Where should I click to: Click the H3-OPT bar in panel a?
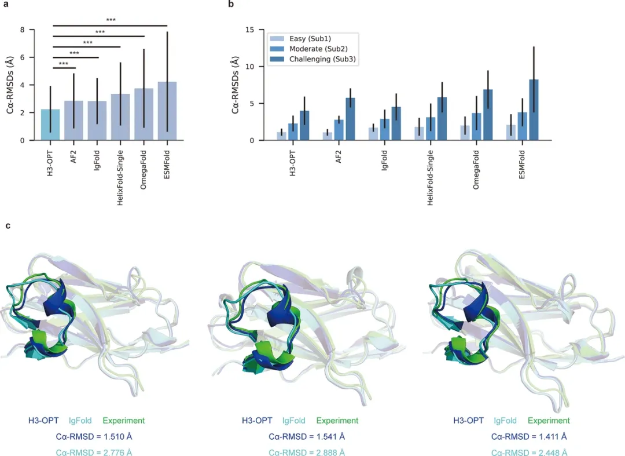[x=50, y=125]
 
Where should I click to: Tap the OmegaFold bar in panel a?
[x=144, y=114]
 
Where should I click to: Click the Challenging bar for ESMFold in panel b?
[x=533, y=110]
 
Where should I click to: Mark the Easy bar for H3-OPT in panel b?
[x=282, y=136]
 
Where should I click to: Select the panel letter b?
[x=231, y=5]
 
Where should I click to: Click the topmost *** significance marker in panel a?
[x=111, y=20]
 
